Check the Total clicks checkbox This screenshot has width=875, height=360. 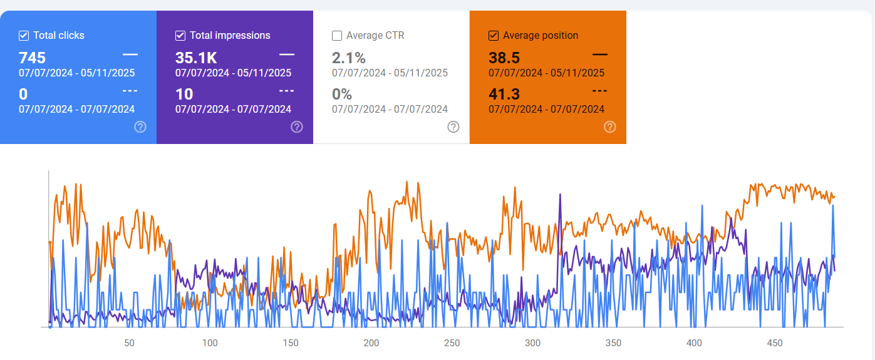pyautogui.click(x=24, y=36)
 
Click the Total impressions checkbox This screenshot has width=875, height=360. pyautogui.click(x=180, y=36)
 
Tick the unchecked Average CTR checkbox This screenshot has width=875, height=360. pyautogui.click(x=337, y=36)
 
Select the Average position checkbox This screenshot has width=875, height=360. pyautogui.click(x=494, y=36)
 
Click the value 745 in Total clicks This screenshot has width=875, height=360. pyautogui.click(x=32, y=58)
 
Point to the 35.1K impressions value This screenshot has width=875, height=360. pyautogui.click(x=196, y=58)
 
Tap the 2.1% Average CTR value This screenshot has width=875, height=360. pyautogui.click(x=349, y=58)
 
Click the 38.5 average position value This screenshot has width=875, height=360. pyautogui.click(x=504, y=58)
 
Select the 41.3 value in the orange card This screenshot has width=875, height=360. pyautogui.click(x=504, y=95)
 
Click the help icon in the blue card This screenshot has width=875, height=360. pyautogui.click(x=140, y=127)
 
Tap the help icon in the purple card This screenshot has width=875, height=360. pyautogui.click(x=297, y=127)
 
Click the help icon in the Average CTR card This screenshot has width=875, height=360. pyautogui.click(x=453, y=127)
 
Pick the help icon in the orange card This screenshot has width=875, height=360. pyautogui.click(x=610, y=127)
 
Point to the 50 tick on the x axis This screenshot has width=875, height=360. pyautogui.click(x=129, y=343)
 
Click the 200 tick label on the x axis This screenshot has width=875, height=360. pyautogui.click(x=371, y=343)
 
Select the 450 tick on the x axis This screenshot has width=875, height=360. pyautogui.click(x=775, y=343)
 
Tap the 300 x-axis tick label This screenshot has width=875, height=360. pyautogui.click(x=533, y=343)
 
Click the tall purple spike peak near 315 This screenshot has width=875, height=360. pyautogui.click(x=559, y=195)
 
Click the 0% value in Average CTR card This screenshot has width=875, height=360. pyautogui.click(x=342, y=95)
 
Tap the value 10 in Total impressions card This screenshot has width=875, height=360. pyautogui.click(x=184, y=95)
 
